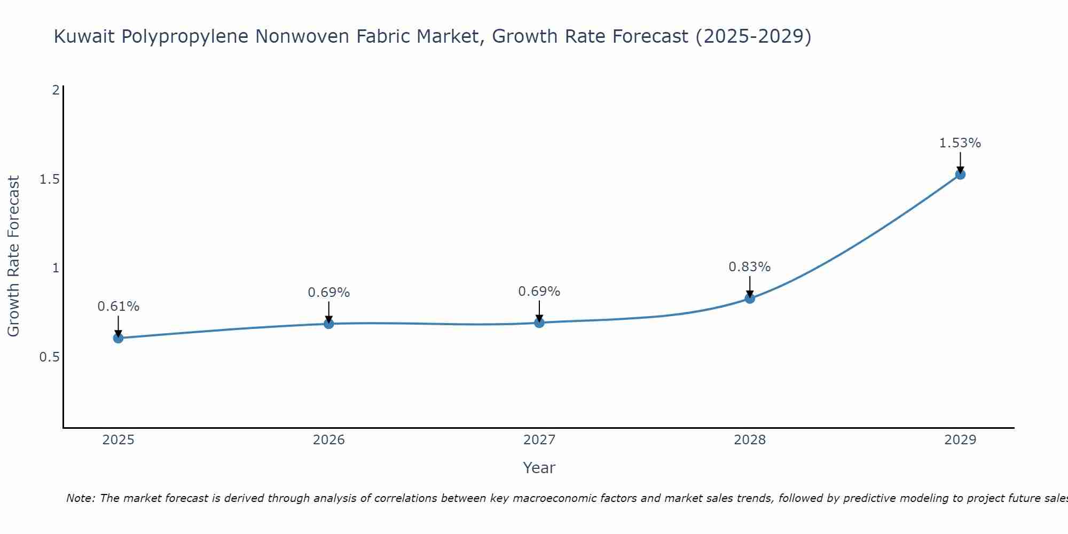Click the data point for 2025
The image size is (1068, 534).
click(x=119, y=338)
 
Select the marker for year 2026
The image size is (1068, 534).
click(x=329, y=324)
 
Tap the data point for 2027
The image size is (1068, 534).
click(x=539, y=323)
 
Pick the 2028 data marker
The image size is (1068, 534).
click(x=750, y=298)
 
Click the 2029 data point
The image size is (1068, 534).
click(x=960, y=174)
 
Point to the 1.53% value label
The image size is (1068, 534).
click(x=960, y=143)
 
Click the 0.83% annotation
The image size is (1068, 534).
click(x=750, y=266)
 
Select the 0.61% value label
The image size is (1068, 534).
click(x=119, y=307)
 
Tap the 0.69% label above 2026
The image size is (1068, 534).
click(x=329, y=293)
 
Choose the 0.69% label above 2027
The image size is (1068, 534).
click(x=539, y=292)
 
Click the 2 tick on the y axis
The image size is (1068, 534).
click(x=56, y=90)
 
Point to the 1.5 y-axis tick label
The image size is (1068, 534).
click(x=49, y=179)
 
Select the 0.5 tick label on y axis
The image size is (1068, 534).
click(x=49, y=357)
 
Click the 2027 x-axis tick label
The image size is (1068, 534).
click(x=539, y=440)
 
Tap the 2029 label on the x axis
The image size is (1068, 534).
click(x=960, y=440)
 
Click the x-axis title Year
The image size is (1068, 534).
click(x=539, y=468)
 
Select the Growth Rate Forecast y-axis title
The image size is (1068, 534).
click(x=13, y=256)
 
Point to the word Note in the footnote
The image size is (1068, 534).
click(x=80, y=498)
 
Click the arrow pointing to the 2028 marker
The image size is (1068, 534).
click(x=750, y=286)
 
